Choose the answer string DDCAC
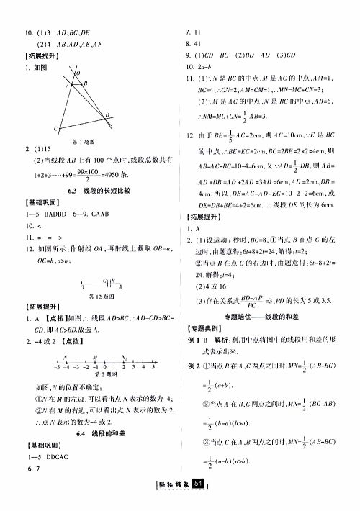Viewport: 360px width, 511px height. (63, 458)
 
